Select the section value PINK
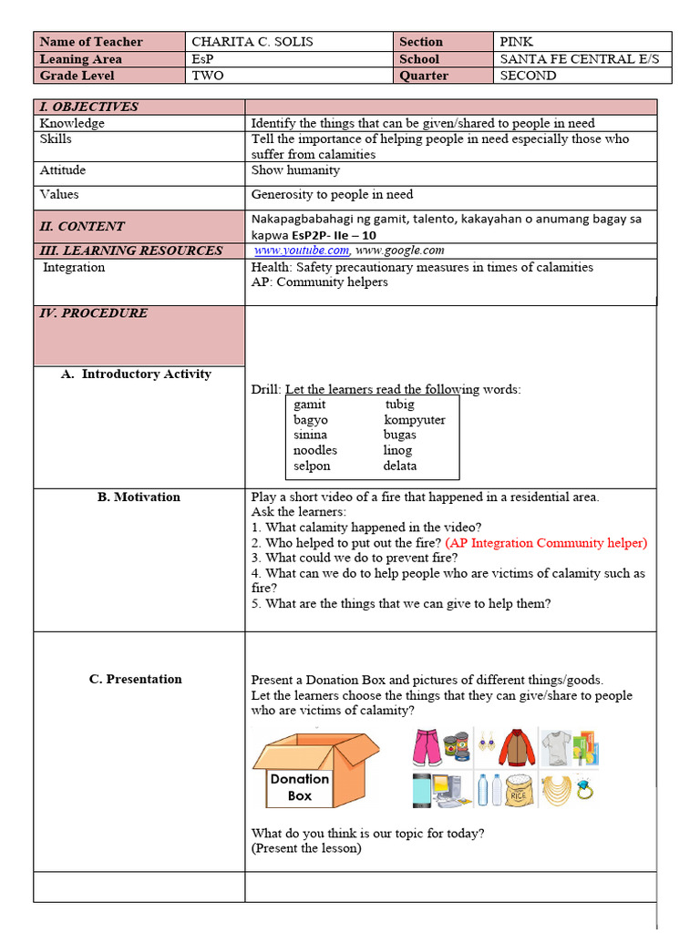pos(516,42)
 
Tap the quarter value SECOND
pos(528,76)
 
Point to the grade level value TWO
pos(208,76)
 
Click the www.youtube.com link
pos(301,251)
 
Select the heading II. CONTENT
pos(82,227)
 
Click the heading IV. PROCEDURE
pos(93,313)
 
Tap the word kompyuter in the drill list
pos(415,420)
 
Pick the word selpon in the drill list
pos(312,466)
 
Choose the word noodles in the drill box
pos(315,450)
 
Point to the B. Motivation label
pos(139,497)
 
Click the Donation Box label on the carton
pos(299,787)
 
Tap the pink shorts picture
pos(426,746)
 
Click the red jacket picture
pos(517,746)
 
